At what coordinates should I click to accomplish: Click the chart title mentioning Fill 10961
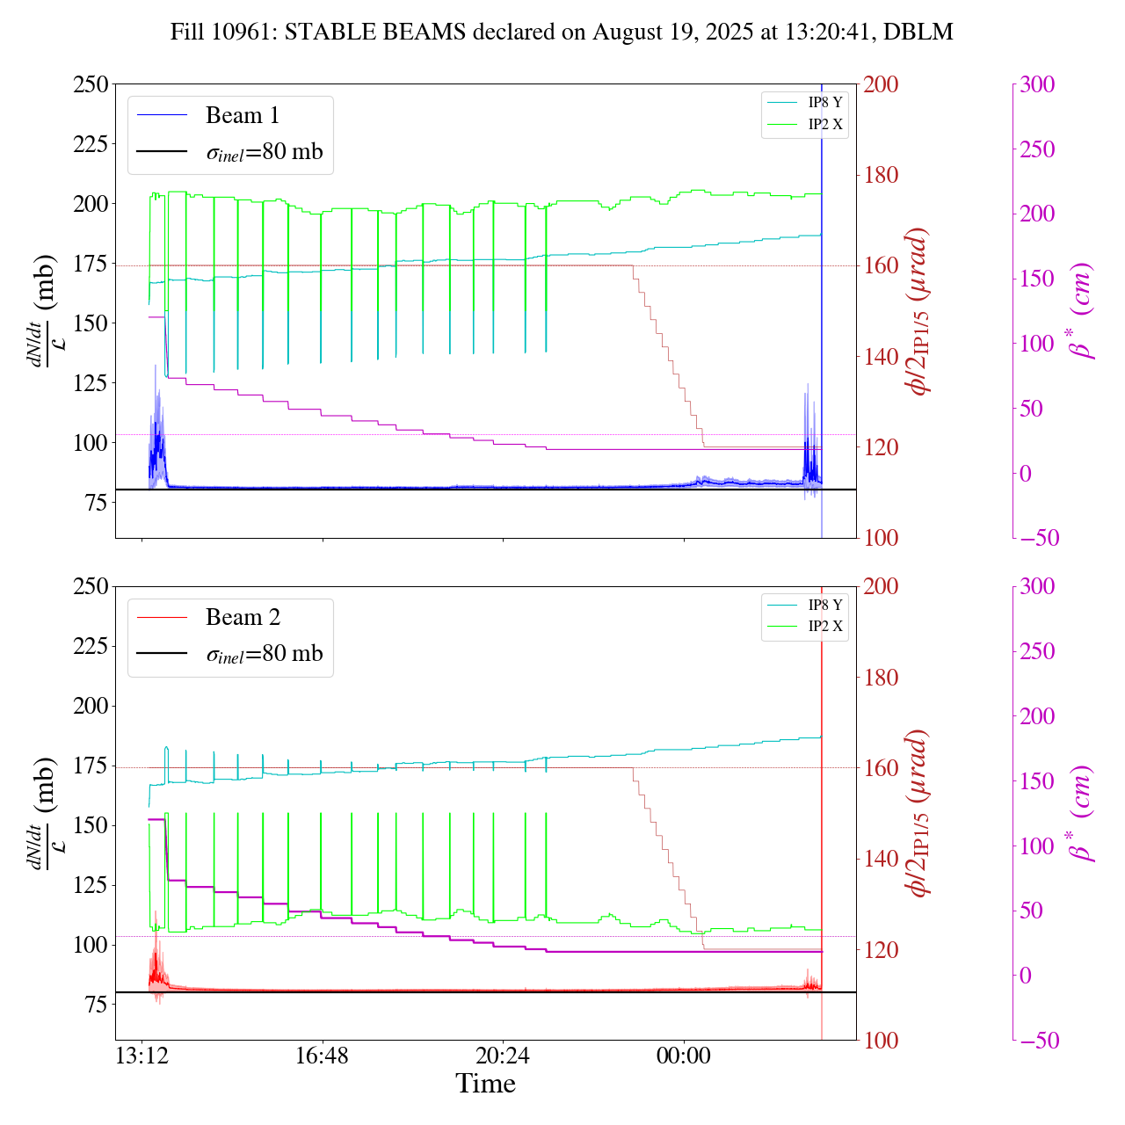coord(562,33)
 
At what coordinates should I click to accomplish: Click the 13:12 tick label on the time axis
coord(142,1055)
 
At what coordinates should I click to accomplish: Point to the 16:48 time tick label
coord(322,1055)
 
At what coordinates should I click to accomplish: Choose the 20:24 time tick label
coord(503,1055)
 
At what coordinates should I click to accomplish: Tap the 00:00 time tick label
coord(683,1055)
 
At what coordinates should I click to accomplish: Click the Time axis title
coord(485,1084)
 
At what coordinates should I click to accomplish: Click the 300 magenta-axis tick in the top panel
coord(1037,84)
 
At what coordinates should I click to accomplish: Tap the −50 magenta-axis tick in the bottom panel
coord(1035,1041)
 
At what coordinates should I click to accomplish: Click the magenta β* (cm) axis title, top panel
coord(1080,311)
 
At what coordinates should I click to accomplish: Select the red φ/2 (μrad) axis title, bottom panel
coord(919,813)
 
